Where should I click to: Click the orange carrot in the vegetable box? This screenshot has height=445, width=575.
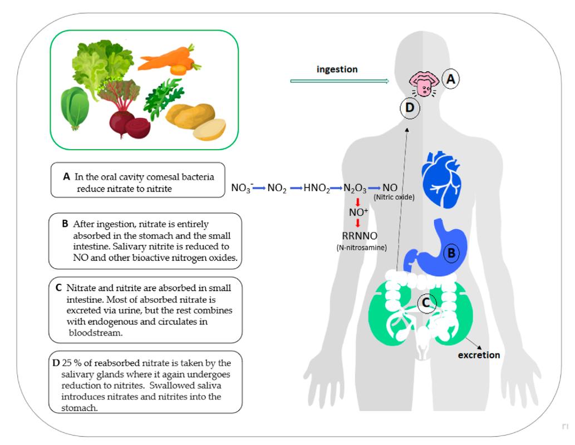pyautogui.click(x=165, y=60)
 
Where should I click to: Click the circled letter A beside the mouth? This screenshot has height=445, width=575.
pyautogui.click(x=451, y=80)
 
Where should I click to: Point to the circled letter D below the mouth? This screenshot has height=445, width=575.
pyautogui.click(x=410, y=108)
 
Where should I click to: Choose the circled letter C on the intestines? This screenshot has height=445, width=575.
pyautogui.click(x=425, y=303)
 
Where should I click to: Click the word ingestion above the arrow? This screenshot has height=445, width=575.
pyautogui.click(x=337, y=70)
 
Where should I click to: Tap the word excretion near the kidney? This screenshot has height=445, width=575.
pyautogui.click(x=479, y=354)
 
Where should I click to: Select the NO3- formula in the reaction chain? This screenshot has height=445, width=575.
pyautogui.click(x=242, y=189)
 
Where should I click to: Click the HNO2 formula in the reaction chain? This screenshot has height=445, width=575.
pyautogui.click(x=317, y=189)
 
